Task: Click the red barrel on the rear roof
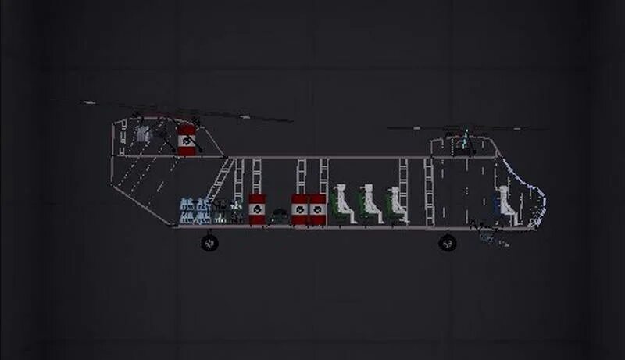click(x=187, y=140)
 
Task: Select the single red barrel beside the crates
click(x=257, y=209)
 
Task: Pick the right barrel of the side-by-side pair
click(x=317, y=209)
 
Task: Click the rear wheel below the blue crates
click(x=209, y=243)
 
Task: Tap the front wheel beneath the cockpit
click(x=447, y=243)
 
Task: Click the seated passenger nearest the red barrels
click(x=342, y=205)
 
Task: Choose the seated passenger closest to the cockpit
click(x=395, y=205)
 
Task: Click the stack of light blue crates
click(x=195, y=211)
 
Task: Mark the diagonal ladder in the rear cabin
click(x=220, y=182)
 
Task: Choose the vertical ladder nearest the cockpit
click(x=429, y=192)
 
